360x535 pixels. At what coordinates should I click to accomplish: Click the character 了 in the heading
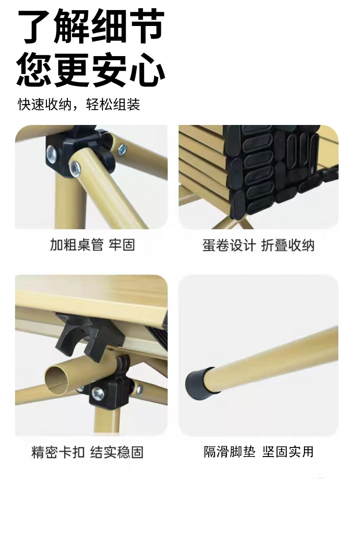[x=35, y=26]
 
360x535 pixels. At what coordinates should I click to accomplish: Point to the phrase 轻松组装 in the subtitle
[x=113, y=104]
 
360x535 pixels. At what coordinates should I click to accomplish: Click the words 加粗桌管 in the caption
[x=77, y=244]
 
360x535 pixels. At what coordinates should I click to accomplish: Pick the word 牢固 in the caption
[x=122, y=244]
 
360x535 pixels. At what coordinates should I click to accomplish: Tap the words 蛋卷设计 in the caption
[x=229, y=245]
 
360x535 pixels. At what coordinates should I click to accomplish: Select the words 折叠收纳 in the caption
[x=288, y=245]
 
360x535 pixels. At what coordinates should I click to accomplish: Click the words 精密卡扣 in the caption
[x=58, y=452]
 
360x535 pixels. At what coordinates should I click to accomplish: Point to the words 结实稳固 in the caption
[x=117, y=452]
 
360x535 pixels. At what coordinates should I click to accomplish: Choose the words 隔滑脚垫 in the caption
[x=229, y=452]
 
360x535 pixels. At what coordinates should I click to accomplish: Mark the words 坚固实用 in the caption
[x=288, y=452]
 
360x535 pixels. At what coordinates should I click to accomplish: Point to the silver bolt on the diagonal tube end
[x=75, y=168]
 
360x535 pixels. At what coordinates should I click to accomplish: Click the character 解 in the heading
[x=72, y=26]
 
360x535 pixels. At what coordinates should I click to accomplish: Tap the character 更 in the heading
[x=72, y=69]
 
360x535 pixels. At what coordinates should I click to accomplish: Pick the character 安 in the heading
[x=109, y=69]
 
